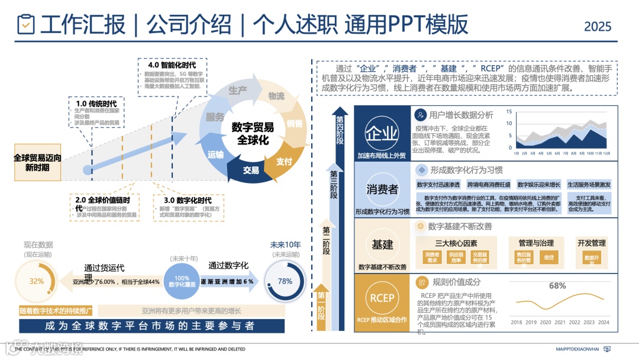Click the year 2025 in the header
pos(598,26)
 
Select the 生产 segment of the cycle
pos(237,91)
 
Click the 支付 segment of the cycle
pos(284,161)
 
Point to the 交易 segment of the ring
pos(251,171)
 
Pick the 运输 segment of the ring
pos(216,155)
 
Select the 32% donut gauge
pos(37,281)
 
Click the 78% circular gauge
pos(285,281)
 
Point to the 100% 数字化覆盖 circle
pos(182,281)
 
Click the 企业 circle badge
pos(382,132)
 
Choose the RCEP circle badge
pos(382,298)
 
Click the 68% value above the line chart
pos(557,285)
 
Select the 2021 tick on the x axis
pos(560,322)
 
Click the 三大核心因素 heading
pos(456,243)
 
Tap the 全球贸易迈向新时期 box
pos(37,163)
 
